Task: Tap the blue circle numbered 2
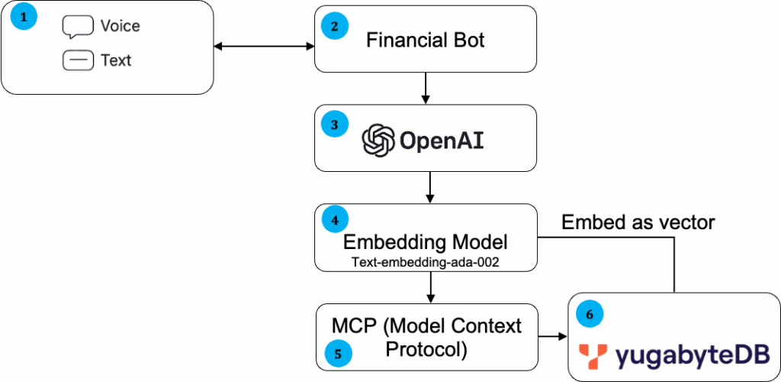coord(334,26)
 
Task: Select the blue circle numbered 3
coord(334,123)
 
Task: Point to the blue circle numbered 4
coord(334,221)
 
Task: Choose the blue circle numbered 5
coord(338,352)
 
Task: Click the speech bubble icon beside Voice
coord(77,27)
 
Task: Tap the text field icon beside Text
coord(77,60)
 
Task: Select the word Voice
coord(120,26)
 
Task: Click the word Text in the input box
coord(116,60)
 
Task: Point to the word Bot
coord(468,40)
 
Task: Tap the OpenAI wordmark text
coord(442,141)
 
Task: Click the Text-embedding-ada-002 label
coord(426,261)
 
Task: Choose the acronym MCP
coord(354,325)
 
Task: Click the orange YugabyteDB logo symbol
coord(593,354)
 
